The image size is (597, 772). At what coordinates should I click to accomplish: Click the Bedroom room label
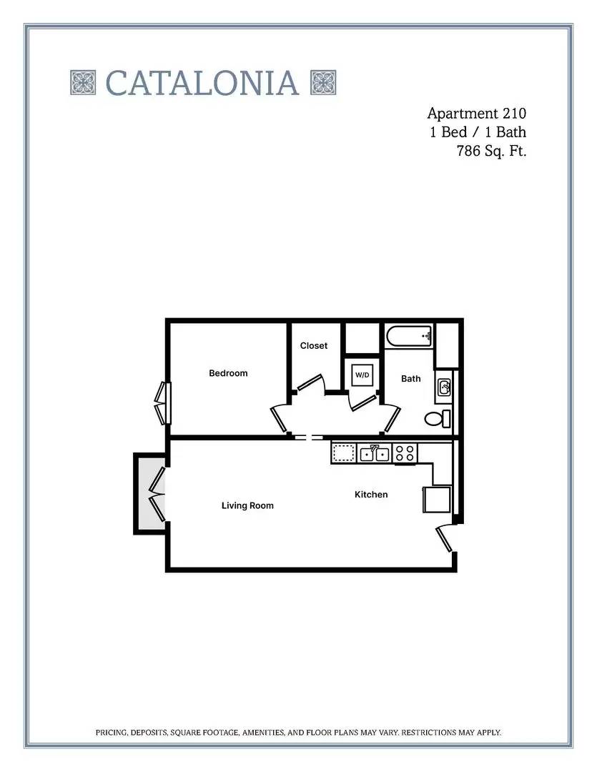pos(228,373)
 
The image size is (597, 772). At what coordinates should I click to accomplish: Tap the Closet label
pos(314,346)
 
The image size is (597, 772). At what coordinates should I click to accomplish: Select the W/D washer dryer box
pos(362,375)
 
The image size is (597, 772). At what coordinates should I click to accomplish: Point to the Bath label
pos(411,379)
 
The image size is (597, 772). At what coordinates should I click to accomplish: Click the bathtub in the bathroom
pos(409,337)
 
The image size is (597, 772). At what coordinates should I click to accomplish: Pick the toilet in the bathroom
pos(438,419)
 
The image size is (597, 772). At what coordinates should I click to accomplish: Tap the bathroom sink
pos(444,387)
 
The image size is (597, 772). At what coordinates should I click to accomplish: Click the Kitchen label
pos(371,495)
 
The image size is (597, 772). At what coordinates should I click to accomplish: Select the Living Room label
pos(247,505)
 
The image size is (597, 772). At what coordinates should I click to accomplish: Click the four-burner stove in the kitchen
pos(405,453)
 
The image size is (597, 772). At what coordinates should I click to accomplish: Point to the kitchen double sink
pos(375,453)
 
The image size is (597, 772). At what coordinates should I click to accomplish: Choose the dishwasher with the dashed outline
pos(344,453)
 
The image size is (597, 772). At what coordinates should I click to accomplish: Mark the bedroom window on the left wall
pos(164,403)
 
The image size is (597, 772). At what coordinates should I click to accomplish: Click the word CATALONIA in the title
pos(202,83)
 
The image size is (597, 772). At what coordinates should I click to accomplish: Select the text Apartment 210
pos(476,114)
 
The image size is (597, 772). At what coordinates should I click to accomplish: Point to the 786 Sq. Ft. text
pos(492,151)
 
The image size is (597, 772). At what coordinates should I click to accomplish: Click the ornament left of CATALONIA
pos(83,82)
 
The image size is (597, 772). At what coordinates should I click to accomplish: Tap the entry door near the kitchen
pos(444,538)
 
